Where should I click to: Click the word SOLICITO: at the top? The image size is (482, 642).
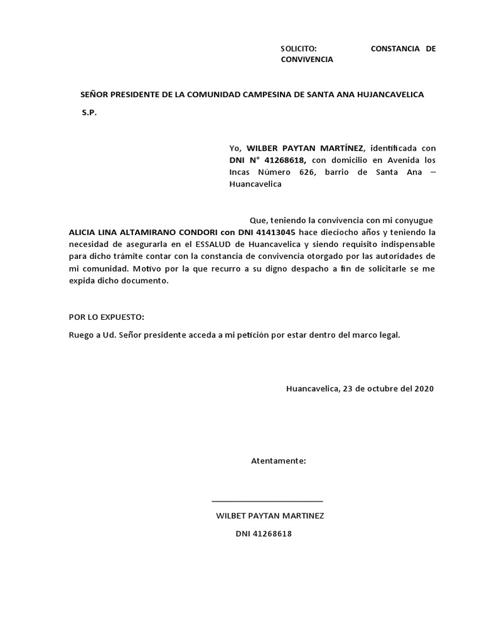click(x=299, y=48)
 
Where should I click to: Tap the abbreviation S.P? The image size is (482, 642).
click(x=90, y=113)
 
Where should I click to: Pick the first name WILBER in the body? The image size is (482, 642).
click(x=264, y=148)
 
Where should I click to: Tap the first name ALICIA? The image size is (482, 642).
click(x=82, y=231)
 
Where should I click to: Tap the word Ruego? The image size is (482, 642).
click(x=81, y=335)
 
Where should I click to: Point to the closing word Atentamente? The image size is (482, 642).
click(x=279, y=461)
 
